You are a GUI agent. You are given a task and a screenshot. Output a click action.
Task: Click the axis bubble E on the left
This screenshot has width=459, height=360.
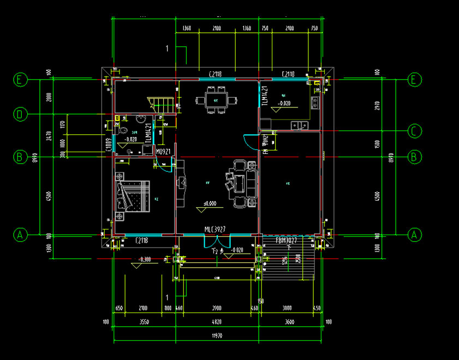pos(20,80)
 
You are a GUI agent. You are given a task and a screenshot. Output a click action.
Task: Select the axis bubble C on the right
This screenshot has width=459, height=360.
pos(415,131)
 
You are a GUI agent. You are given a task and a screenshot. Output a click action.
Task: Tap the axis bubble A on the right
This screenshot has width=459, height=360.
pos(415,235)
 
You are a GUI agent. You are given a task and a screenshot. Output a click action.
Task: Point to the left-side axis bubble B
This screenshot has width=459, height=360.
pos(20,157)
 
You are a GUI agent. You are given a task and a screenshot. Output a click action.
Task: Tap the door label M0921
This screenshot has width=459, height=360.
pos(163,151)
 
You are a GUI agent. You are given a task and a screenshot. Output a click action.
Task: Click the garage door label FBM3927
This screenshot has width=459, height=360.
pos(286,241)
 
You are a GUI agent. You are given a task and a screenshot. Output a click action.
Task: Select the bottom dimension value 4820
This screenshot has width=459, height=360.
pos(217,322)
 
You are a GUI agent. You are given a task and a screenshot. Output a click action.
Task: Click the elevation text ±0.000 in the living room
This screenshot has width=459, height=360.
pos(210,204)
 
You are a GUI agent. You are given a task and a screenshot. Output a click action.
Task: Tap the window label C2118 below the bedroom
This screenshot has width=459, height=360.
pos(141,240)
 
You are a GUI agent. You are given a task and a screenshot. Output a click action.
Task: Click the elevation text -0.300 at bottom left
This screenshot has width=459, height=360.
pos(145,260)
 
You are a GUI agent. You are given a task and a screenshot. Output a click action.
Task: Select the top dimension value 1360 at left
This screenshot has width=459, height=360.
pos(186,29)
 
